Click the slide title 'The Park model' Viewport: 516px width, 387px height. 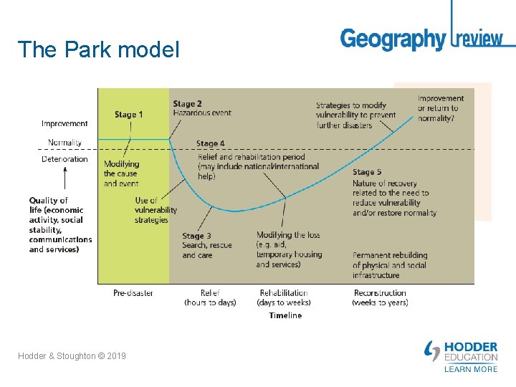[x=98, y=49]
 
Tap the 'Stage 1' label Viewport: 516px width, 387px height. [x=129, y=115]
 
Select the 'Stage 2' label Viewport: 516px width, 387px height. [x=187, y=104]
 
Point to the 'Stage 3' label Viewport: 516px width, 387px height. [x=196, y=236]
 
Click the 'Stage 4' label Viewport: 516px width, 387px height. [x=211, y=144]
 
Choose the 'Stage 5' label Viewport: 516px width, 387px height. [x=368, y=172]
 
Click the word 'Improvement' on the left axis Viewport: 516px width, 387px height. [x=64, y=124]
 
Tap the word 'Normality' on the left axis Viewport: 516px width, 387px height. [x=64, y=142]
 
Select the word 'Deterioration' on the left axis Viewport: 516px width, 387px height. [x=64, y=159]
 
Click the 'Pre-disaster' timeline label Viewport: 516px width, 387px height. [x=133, y=293]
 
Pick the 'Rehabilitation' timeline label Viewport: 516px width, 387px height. [x=284, y=293]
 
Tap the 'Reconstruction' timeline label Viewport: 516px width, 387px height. [x=380, y=293]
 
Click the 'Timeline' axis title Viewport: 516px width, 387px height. [x=285, y=315]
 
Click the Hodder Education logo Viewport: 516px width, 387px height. [x=462, y=352]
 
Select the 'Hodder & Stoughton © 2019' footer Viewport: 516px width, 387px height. [x=72, y=355]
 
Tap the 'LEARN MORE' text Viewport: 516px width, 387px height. [x=470, y=369]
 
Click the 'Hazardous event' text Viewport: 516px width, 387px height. [x=201, y=113]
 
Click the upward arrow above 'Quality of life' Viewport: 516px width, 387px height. [x=65, y=179]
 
